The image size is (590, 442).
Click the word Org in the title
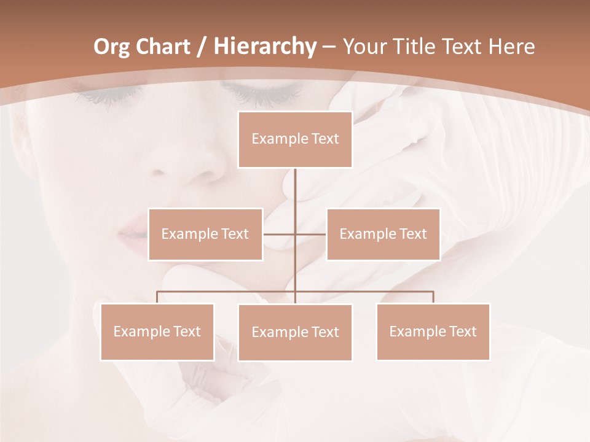tap(112, 47)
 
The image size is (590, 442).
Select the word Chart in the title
tap(161, 47)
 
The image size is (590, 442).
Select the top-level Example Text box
tap(295, 139)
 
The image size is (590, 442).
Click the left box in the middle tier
tap(205, 234)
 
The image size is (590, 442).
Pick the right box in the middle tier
tap(383, 234)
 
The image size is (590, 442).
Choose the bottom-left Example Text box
tap(157, 331)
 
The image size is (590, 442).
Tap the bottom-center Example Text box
tap(295, 332)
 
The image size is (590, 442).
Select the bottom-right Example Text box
tap(433, 331)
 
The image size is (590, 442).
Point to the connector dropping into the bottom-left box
tap(157, 297)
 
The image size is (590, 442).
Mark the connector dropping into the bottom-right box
tap(433, 297)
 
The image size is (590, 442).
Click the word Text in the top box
tap(324, 139)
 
